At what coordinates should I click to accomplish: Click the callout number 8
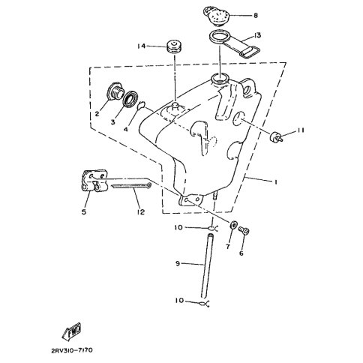click(256, 16)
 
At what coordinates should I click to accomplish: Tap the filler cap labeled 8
click(216, 15)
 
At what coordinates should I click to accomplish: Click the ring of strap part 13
click(219, 37)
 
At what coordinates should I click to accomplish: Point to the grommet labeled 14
click(174, 46)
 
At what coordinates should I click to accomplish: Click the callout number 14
click(142, 46)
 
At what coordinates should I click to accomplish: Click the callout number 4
click(126, 129)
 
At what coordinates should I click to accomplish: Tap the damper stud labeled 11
click(276, 136)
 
